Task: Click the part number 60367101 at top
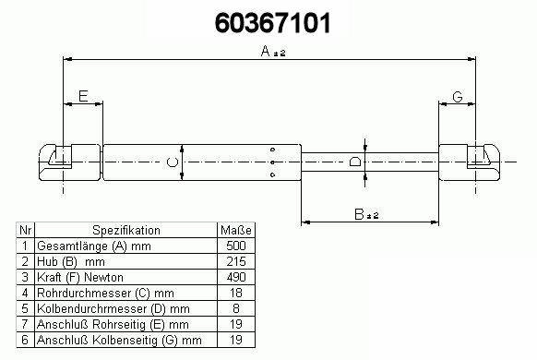point(272,23)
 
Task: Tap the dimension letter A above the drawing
point(266,52)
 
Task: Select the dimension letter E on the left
point(83,96)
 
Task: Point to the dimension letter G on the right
point(458,97)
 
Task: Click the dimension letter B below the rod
point(359,214)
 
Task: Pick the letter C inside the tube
point(173,162)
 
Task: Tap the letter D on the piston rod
point(354,162)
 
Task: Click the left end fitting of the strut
point(70,162)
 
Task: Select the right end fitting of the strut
point(470,162)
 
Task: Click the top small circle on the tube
point(272,150)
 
